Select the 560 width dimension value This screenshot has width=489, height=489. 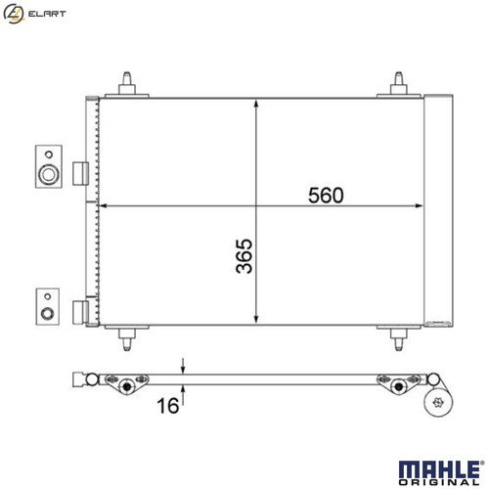point(326,195)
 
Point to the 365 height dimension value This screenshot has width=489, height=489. point(244,256)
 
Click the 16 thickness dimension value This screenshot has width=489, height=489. point(168,405)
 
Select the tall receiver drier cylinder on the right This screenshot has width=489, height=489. point(439,209)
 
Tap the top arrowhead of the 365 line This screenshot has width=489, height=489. point(256,101)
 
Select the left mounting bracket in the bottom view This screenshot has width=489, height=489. point(125,383)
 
